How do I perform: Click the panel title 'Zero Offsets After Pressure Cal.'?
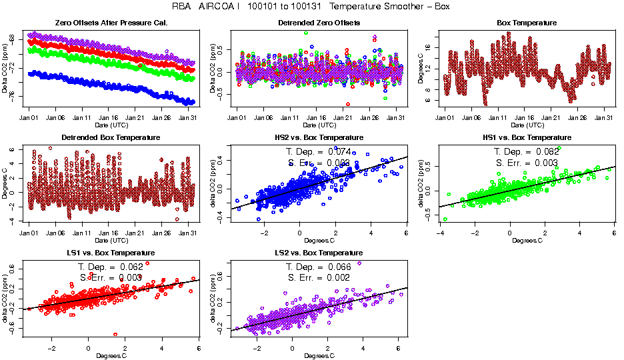(x=111, y=23)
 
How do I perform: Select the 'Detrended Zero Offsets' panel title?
(x=319, y=23)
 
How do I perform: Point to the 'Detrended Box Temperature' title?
(x=111, y=138)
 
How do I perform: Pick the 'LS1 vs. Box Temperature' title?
(x=111, y=253)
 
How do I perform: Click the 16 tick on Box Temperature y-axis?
(x=430, y=47)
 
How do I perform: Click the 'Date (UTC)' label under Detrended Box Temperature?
(x=111, y=240)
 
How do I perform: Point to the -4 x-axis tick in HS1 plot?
(x=440, y=232)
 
